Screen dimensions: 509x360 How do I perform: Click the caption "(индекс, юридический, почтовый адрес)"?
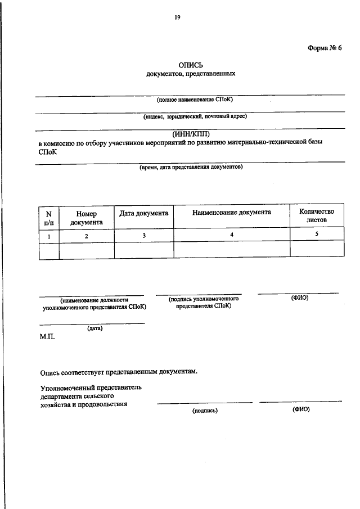point(195,117)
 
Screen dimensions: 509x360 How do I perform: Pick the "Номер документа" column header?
point(87,218)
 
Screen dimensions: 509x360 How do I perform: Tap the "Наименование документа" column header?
point(231,212)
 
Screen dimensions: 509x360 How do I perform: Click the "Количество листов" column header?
point(317,216)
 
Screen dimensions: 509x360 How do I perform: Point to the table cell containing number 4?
point(231,235)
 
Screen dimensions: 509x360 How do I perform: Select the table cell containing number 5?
point(317,235)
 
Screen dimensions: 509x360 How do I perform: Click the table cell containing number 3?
point(143,236)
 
